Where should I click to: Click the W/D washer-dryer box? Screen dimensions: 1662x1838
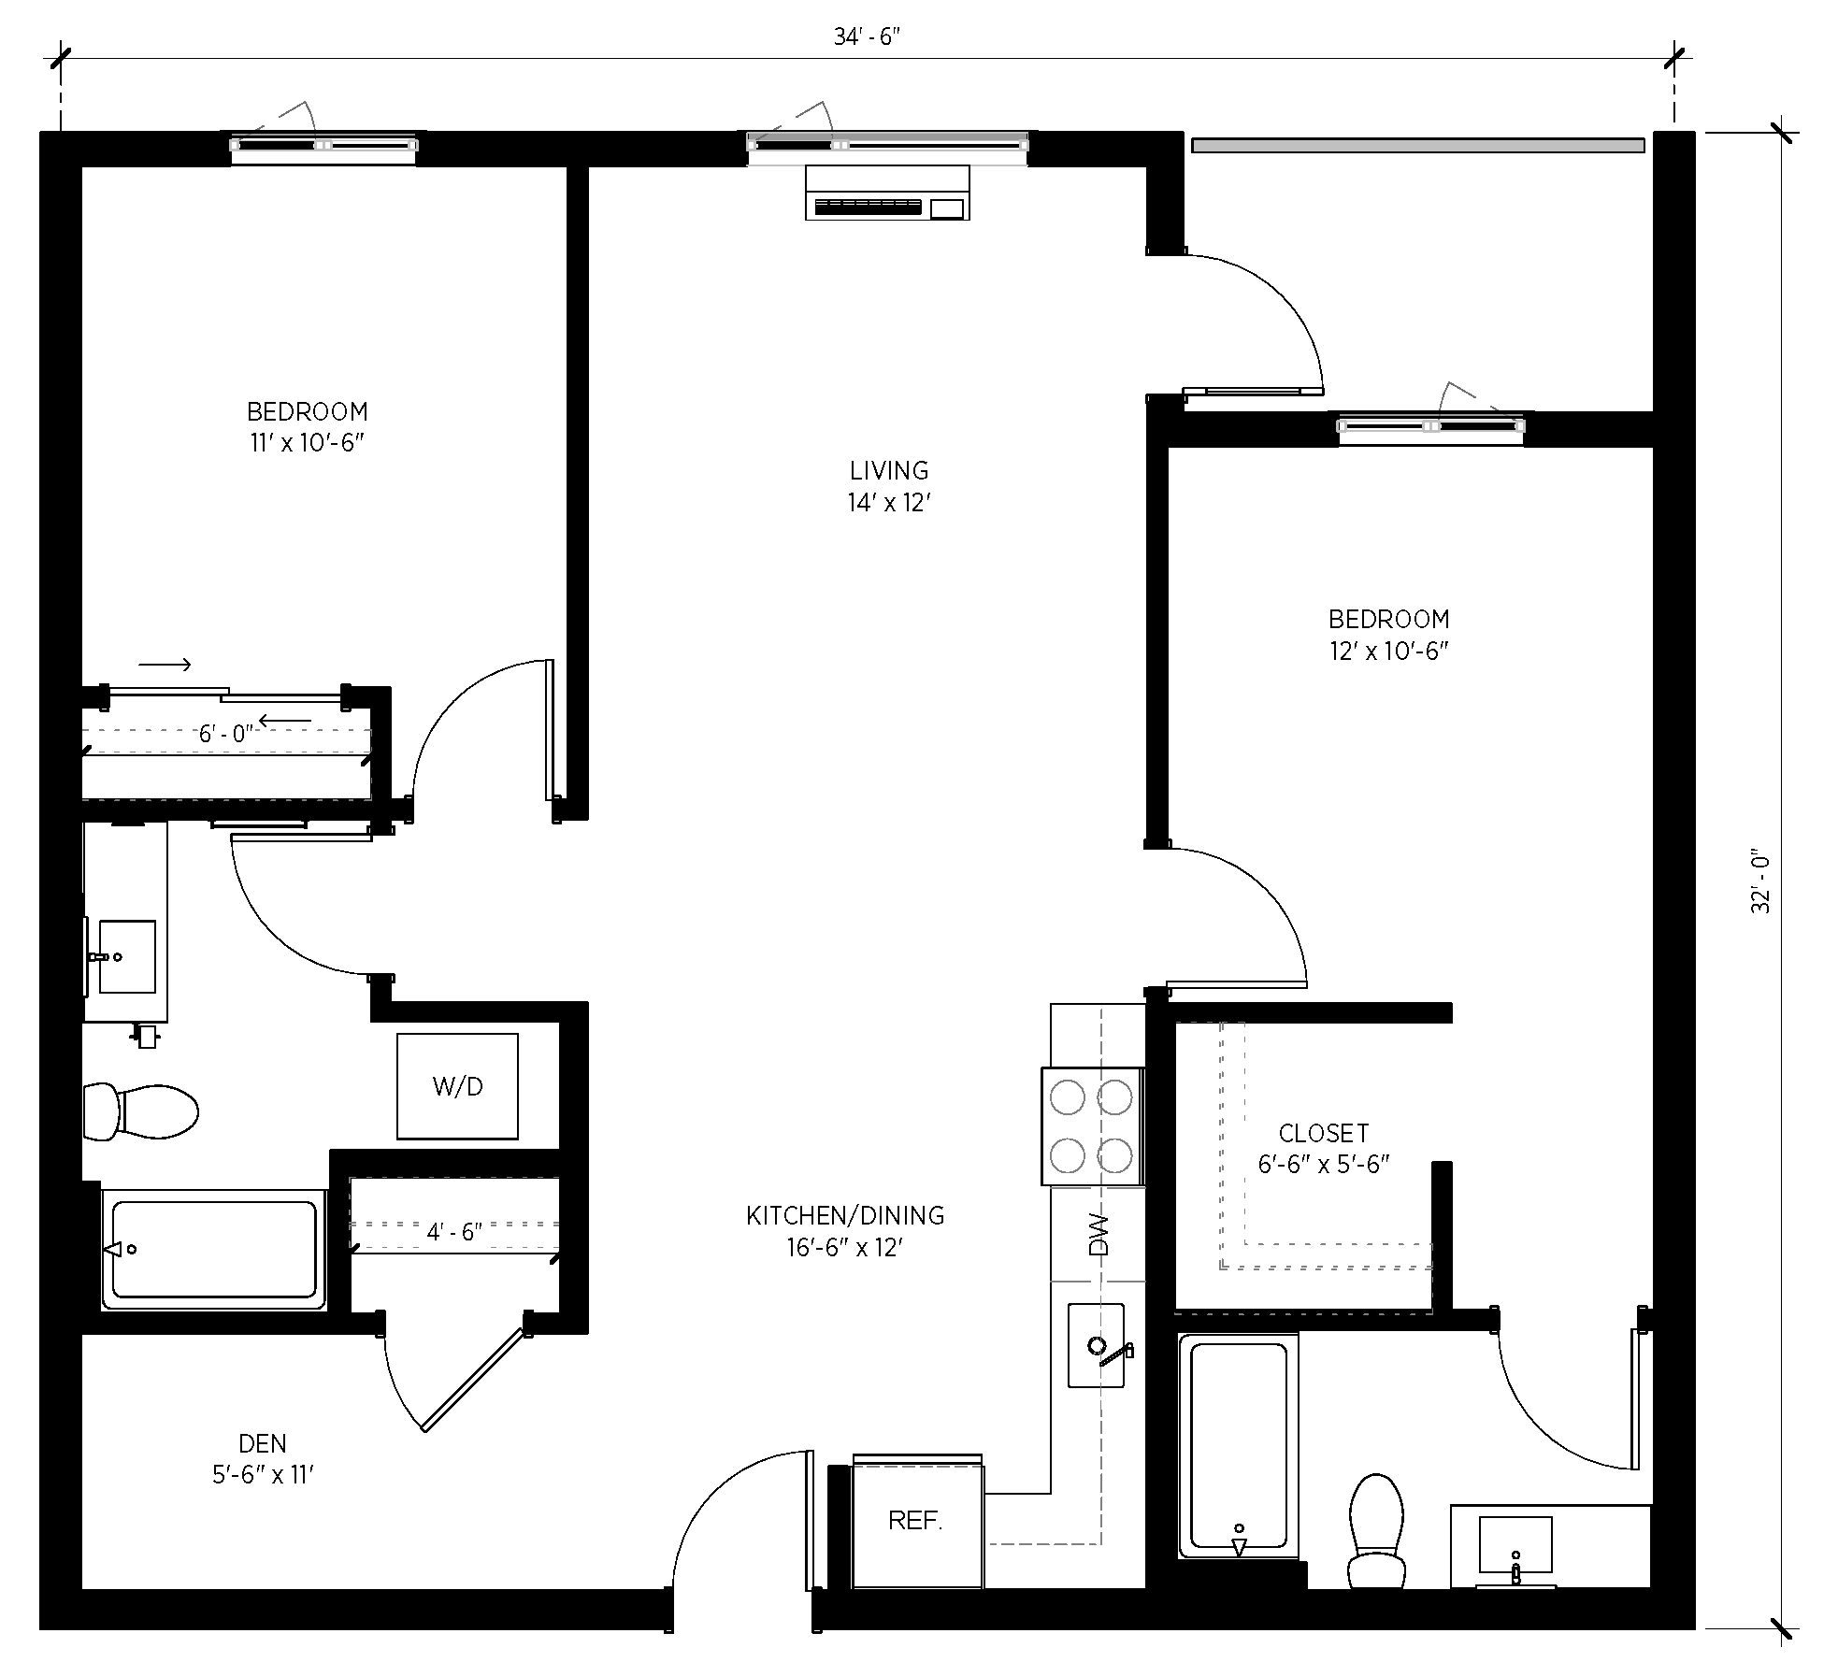[x=457, y=1086]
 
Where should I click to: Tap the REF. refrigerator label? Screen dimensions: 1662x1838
[x=915, y=1521]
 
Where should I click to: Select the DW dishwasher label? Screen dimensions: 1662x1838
[x=1098, y=1234]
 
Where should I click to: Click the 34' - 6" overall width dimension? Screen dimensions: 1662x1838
[x=867, y=36]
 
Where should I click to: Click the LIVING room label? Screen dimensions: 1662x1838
[x=889, y=470]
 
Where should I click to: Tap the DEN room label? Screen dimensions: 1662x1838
[x=263, y=1443]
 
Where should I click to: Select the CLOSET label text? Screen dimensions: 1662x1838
[x=1323, y=1133]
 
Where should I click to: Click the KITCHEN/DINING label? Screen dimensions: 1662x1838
[x=845, y=1215]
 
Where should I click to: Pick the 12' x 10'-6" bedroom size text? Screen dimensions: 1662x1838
[x=1389, y=651]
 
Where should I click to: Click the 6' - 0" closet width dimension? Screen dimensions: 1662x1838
[x=225, y=734]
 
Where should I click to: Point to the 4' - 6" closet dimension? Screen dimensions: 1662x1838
[x=453, y=1232]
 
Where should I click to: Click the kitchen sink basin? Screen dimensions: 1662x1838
[x=1097, y=1346]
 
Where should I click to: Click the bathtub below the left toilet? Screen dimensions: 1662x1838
[x=214, y=1249]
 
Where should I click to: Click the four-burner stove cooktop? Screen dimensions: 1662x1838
[x=1092, y=1126]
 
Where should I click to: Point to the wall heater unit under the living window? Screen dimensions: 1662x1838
[x=886, y=193]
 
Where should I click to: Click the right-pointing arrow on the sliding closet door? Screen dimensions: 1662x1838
[x=165, y=665]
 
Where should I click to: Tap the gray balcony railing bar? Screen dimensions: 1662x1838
[x=1417, y=145]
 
